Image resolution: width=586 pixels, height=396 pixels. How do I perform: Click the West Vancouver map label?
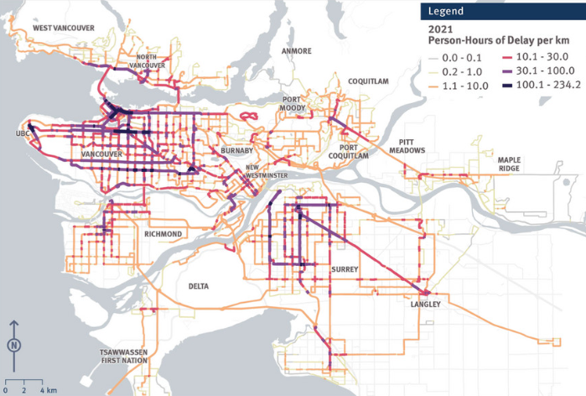click(63, 28)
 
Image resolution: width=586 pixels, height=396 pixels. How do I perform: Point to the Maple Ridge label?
click(509, 164)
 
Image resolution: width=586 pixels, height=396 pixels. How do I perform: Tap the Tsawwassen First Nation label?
click(123, 356)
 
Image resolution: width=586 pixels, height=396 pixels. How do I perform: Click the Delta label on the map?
click(198, 286)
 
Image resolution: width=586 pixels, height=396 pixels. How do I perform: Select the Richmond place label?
click(163, 233)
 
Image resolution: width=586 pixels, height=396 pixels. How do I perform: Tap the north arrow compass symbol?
click(13, 344)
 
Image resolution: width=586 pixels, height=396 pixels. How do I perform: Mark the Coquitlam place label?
click(369, 81)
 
